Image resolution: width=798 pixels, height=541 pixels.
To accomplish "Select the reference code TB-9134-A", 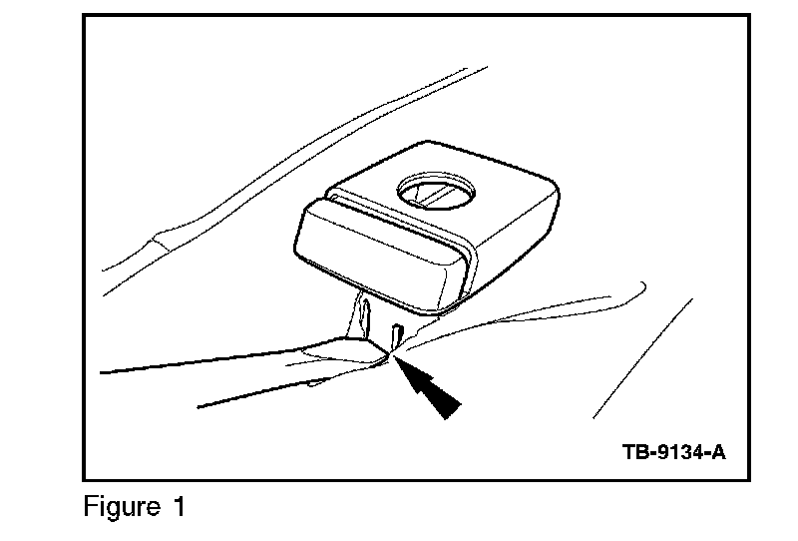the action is pos(673,452).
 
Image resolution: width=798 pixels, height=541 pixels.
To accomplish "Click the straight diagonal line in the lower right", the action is pos(643,357).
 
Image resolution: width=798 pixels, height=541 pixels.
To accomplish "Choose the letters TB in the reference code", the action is pos(634,452).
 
